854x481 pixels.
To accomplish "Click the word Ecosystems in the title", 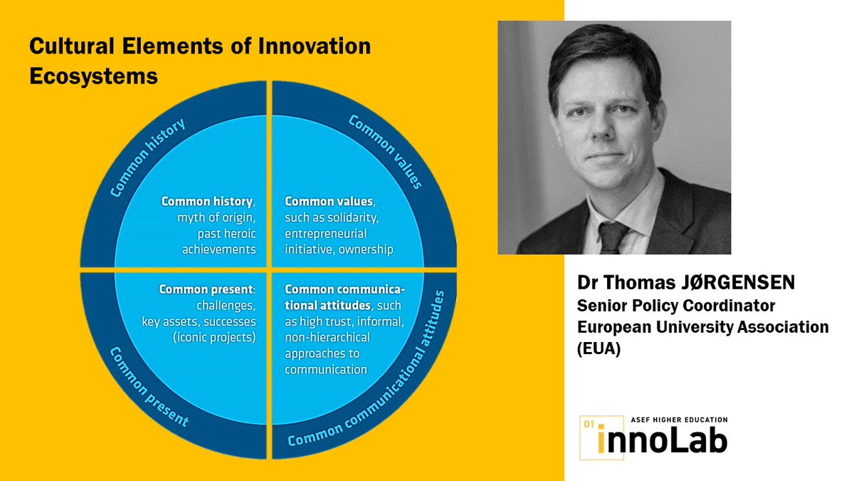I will pyautogui.click(x=93, y=76).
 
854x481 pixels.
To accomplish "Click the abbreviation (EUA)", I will pyautogui.click(x=600, y=349).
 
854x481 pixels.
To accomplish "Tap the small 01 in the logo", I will pyautogui.click(x=587, y=423).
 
